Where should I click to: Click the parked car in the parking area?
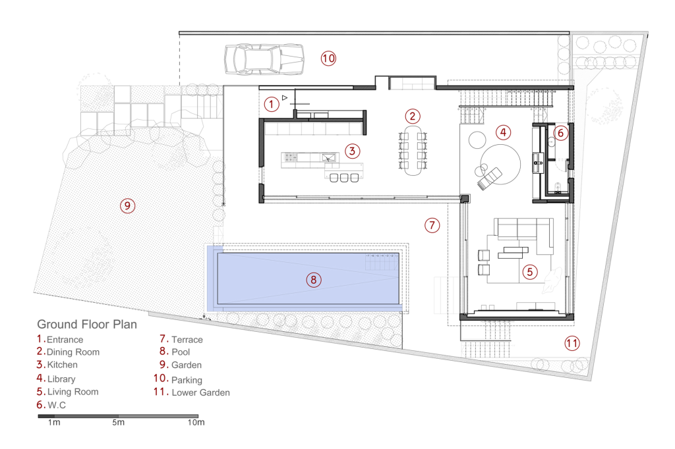coord(264,59)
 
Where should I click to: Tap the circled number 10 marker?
coord(328,58)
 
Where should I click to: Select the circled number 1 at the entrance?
coord(271,104)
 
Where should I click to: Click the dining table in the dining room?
coord(413,150)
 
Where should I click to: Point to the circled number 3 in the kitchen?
coord(353,151)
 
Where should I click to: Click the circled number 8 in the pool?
coord(313,280)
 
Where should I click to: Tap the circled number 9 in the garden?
coord(127,205)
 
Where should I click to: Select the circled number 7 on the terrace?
coord(432,225)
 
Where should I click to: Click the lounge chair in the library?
coord(490,178)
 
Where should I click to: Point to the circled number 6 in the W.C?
coord(560,133)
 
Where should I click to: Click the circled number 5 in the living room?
coord(530,272)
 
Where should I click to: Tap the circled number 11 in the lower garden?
coord(572,343)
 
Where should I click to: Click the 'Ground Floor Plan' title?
coord(87,325)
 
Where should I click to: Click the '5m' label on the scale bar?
coord(119,422)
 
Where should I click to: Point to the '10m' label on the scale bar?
coord(196,422)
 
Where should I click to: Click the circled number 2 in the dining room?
coord(413,116)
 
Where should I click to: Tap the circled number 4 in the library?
coord(503,132)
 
